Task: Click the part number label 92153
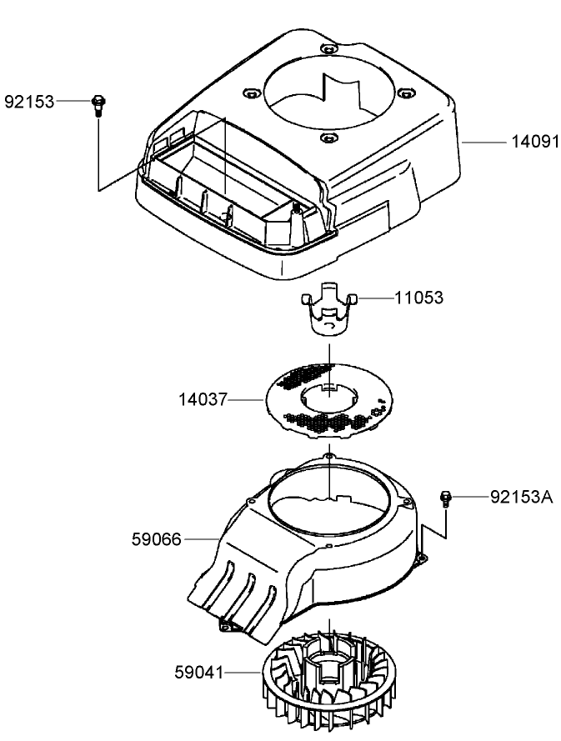pos(29,103)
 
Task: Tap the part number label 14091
pos(533,143)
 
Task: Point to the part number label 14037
pos(203,400)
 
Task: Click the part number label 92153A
pos(521,498)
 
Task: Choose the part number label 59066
pos(157,540)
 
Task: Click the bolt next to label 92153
pos(99,104)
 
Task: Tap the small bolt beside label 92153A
pos(446,498)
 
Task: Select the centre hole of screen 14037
pos(330,396)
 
